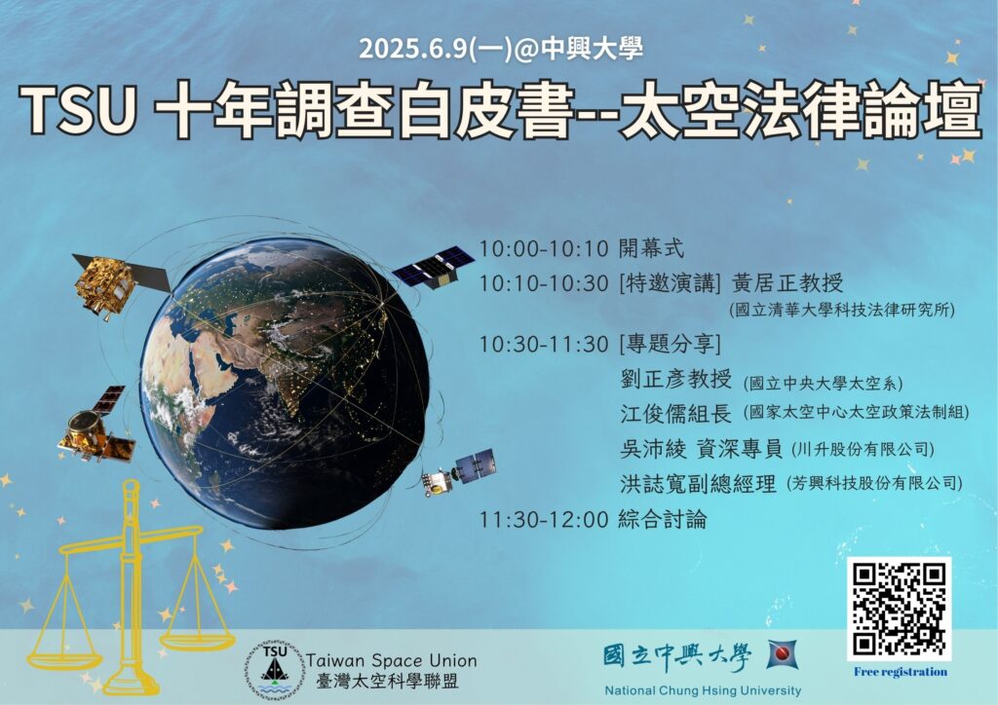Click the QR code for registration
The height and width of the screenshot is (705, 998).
[x=899, y=609]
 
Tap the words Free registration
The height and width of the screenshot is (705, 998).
[x=900, y=672]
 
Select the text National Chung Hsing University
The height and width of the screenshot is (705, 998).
[x=703, y=690]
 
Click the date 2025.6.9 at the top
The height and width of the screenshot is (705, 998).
[x=413, y=49]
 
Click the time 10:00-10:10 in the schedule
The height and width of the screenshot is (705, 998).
[x=544, y=248]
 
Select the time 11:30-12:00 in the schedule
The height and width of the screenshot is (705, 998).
[x=544, y=520]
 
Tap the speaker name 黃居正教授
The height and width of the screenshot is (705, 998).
[x=787, y=282]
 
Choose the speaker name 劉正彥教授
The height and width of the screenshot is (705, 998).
[x=676, y=380]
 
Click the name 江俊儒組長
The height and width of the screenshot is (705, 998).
[x=676, y=414]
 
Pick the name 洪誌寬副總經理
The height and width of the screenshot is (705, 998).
[x=698, y=484]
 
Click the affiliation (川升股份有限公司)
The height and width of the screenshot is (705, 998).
[x=863, y=450]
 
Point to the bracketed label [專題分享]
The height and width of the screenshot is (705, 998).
[x=670, y=345]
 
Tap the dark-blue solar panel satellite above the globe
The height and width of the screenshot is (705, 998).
[x=433, y=267]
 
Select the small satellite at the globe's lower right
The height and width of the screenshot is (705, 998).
[x=458, y=471]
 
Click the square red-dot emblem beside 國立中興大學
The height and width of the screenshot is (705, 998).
[x=783, y=654]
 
